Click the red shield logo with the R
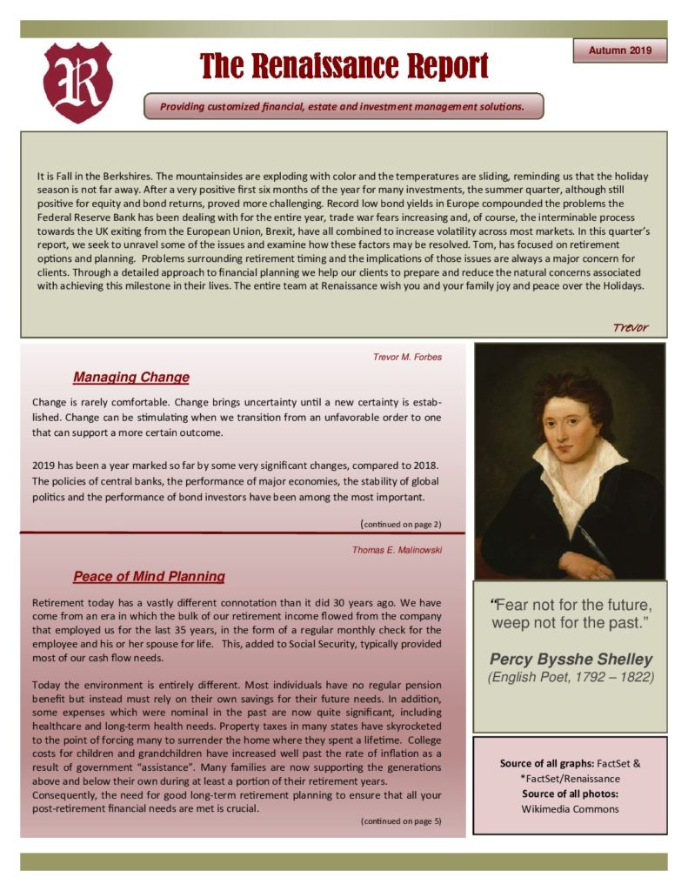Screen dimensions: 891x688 tap(77, 82)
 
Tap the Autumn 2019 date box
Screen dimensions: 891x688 tap(619, 51)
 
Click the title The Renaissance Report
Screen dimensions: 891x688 tap(344, 65)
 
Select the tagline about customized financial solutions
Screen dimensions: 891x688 tap(343, 107)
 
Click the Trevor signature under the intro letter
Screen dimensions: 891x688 tap(630, 327)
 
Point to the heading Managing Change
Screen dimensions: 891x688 tap(131, 377)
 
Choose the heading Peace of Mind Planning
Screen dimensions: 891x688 tap(149, 576)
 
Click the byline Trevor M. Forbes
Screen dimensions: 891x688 tap(406, 357)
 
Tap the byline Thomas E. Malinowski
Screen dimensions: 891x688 tap(397, 550)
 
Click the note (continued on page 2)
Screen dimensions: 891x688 tap(401, 524)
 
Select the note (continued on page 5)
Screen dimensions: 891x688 tap(401, 821)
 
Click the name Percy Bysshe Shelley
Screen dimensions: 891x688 tap(570, 659)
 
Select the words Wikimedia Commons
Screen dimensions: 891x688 tap(570, 809)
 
